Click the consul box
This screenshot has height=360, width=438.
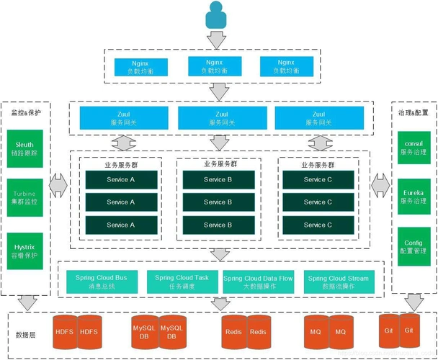click(413, 148)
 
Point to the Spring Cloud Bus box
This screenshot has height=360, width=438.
click(101, 282)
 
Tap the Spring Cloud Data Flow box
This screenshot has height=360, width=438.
click(257, 282)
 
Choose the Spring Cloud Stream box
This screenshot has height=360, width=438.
click(336, 282)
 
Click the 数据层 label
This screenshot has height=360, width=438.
click(27, 334)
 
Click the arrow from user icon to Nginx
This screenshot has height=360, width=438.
click(217, 39)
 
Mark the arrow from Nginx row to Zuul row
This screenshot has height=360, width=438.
click(218, 91)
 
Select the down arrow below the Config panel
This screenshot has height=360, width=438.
click(413, 300)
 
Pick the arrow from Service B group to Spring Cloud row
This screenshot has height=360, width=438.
click(218, 253)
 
